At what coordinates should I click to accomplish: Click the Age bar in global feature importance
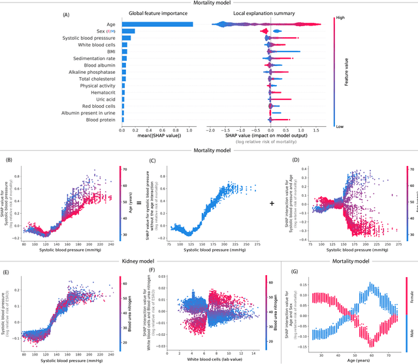157,24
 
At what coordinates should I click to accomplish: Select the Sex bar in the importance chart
128,31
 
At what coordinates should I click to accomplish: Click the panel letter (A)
65,14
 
